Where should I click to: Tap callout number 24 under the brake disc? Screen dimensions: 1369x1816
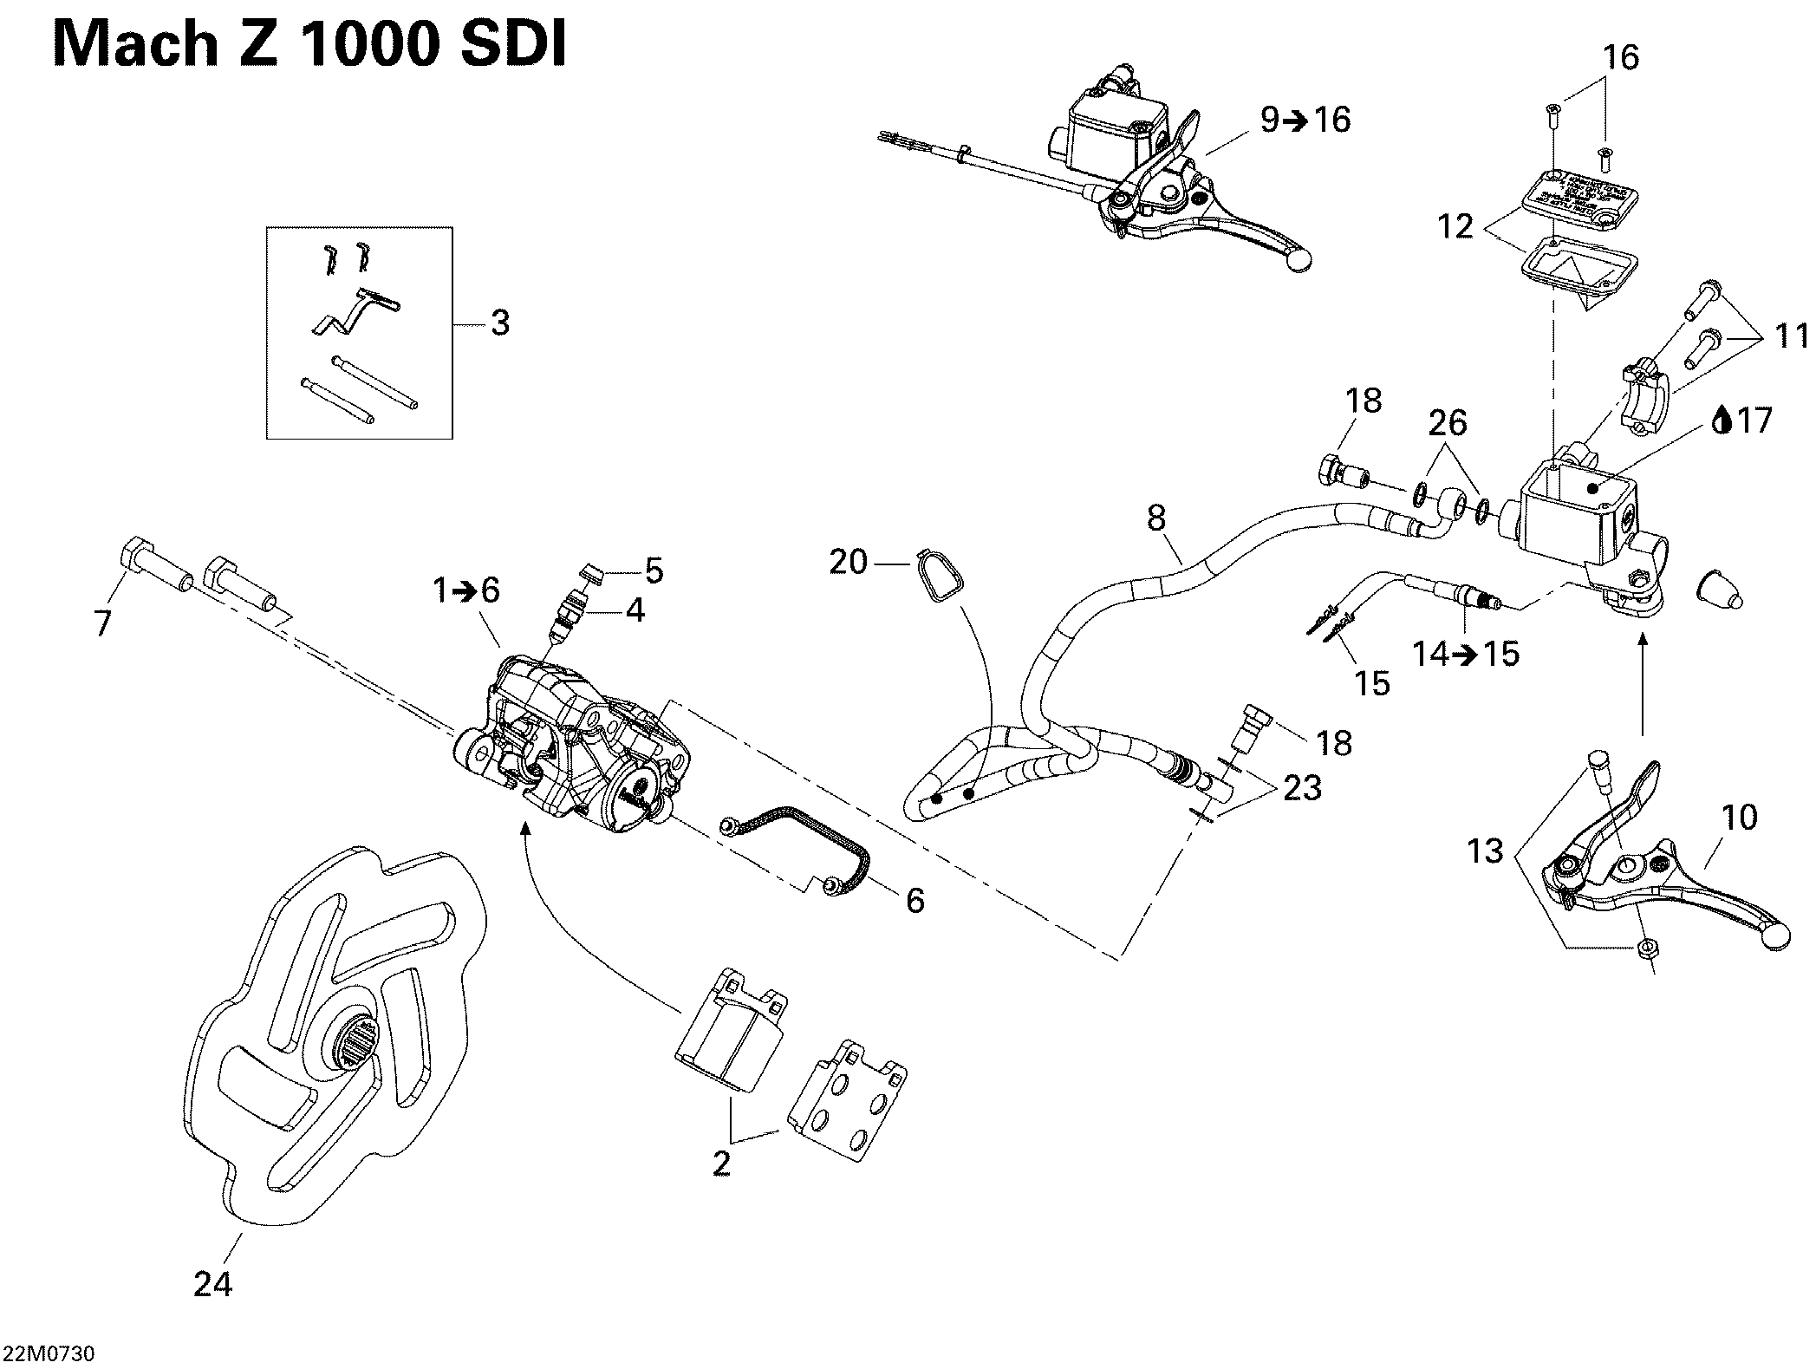coord(212,1283)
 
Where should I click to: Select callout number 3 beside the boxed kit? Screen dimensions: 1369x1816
coord(500,323)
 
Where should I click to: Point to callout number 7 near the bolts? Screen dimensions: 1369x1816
coord(103,623)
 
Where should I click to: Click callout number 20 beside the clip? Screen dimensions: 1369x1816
coord(848,563)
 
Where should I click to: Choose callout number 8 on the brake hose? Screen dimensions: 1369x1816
coord(1156,518)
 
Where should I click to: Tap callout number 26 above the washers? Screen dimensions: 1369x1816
coord(1448,423)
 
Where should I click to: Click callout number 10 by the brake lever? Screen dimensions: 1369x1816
coord(1739,817)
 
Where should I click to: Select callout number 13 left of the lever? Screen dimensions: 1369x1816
coord(1485,851)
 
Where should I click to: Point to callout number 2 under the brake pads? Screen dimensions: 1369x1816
coord(722,1163)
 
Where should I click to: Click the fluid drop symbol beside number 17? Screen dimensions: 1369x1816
coord(1724,421)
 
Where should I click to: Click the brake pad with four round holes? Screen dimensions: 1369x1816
coord(849,1099)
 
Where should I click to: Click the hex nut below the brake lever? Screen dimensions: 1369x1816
coord(1644,948)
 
